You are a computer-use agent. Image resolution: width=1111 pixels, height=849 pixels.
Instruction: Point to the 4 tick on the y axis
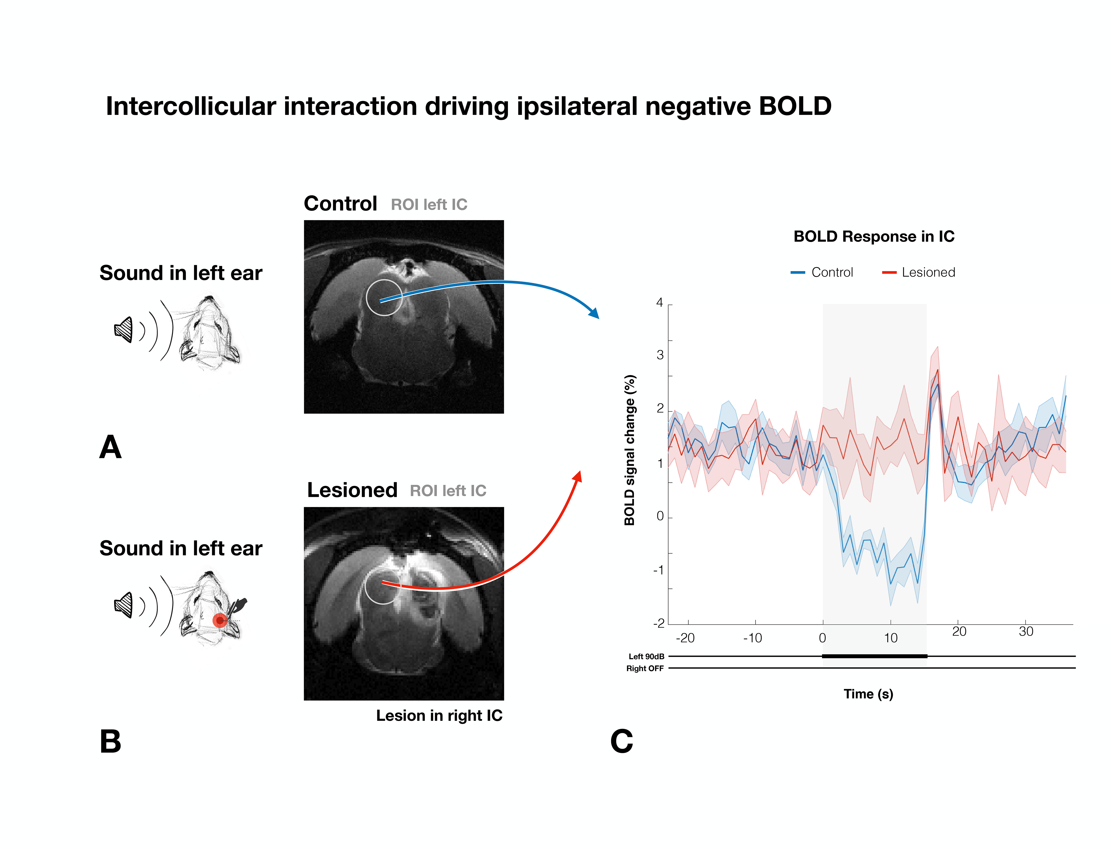[660, 303]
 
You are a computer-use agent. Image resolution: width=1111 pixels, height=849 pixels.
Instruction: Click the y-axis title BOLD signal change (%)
[629, 450]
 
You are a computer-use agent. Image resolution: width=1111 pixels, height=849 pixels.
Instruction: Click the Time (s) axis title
[868, 694]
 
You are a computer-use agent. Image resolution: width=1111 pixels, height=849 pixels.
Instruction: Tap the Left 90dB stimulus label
[646, 656]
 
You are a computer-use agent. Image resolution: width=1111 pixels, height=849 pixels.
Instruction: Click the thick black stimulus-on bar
[875, 656]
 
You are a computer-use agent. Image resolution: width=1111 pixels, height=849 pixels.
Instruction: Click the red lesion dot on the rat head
[219, 620]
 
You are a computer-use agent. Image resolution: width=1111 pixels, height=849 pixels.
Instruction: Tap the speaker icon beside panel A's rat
[124, 329]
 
